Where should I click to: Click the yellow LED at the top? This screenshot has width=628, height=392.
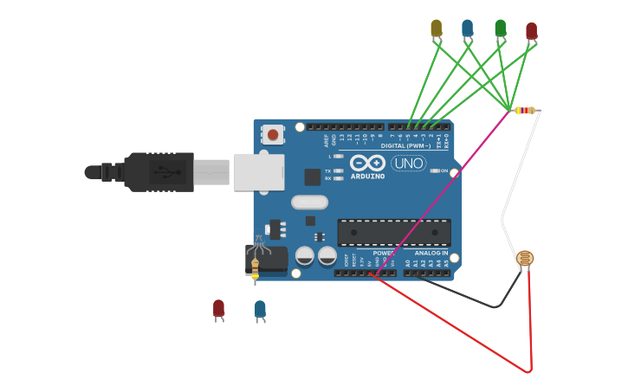coord(436,29)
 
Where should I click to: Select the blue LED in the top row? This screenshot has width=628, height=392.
coord(468,29)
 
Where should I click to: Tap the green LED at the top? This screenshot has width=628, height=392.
coord(500,29)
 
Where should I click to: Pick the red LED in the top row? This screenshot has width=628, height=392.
coord(531,31)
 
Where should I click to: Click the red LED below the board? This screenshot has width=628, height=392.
coord(218,308)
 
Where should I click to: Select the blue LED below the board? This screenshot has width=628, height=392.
coord(260,309)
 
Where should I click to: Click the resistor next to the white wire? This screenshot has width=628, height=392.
coord(525,110)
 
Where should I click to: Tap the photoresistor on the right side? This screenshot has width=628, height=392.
coord(525,258)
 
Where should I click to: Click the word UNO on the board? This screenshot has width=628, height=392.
coord(408,163)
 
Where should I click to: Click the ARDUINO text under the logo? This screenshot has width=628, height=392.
coord(368,176)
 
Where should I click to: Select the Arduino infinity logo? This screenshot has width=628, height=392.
coord(368,163)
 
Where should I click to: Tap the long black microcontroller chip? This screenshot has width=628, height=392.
coord(394,232)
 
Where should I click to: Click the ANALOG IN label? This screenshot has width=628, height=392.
coord(431,253)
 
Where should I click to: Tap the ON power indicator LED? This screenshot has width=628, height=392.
coord(435,170)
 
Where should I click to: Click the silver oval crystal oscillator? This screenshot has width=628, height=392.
coord(309,202)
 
